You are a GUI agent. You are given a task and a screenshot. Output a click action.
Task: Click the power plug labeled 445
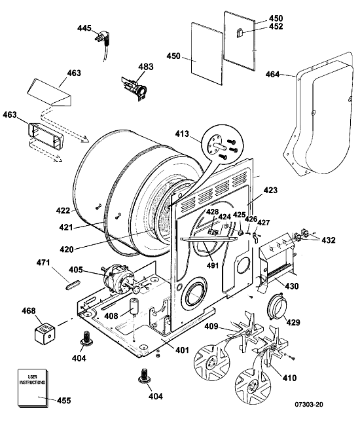tap(103, 40)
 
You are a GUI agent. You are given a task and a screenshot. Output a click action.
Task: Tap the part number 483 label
tap(146, 66)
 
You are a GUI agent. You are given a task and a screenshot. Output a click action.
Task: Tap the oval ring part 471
tap(73, 285)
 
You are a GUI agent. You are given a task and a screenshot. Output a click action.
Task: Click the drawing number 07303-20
tap(309, 405)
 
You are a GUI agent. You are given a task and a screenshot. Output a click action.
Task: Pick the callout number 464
tap(273, 74)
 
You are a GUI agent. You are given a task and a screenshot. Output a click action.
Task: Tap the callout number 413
tap(183, 134)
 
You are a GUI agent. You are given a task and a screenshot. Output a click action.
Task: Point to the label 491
tap(213, 265)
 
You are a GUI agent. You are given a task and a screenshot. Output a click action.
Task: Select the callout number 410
tap(289, 378)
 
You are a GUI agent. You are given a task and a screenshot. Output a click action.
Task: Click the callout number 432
tap(328, 240)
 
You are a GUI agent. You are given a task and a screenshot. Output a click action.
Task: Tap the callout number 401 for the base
tap(182, 350)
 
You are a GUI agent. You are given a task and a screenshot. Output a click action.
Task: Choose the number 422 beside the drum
tap(63, 210)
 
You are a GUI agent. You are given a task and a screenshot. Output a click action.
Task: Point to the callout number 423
tap(270, 191)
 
